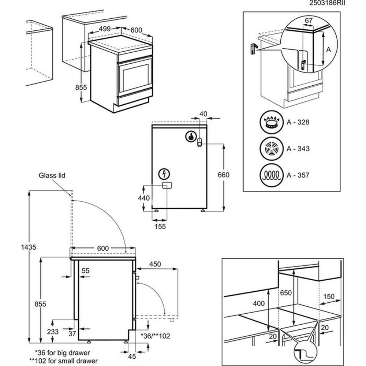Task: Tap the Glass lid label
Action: tap(52, 176)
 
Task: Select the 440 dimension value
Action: tap(144, 198)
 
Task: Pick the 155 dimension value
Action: tap(160, 227)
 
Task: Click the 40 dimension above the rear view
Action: tap(203, 114)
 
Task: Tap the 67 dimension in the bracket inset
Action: tap(309, 21)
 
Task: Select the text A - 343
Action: tap(298, 149)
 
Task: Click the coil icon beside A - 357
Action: tap(270, 175)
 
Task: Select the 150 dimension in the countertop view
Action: tap(329, 296)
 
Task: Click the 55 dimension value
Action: tap(85, 270)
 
